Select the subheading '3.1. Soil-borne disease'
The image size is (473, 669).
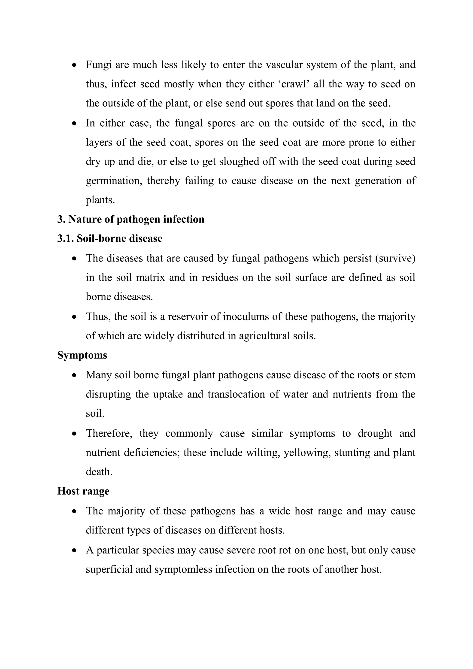110,239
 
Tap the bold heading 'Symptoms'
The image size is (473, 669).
82,355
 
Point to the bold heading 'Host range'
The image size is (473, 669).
83,491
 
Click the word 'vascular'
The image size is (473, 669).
282,65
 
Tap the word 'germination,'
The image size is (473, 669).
114,181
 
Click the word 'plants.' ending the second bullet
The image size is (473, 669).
100,200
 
